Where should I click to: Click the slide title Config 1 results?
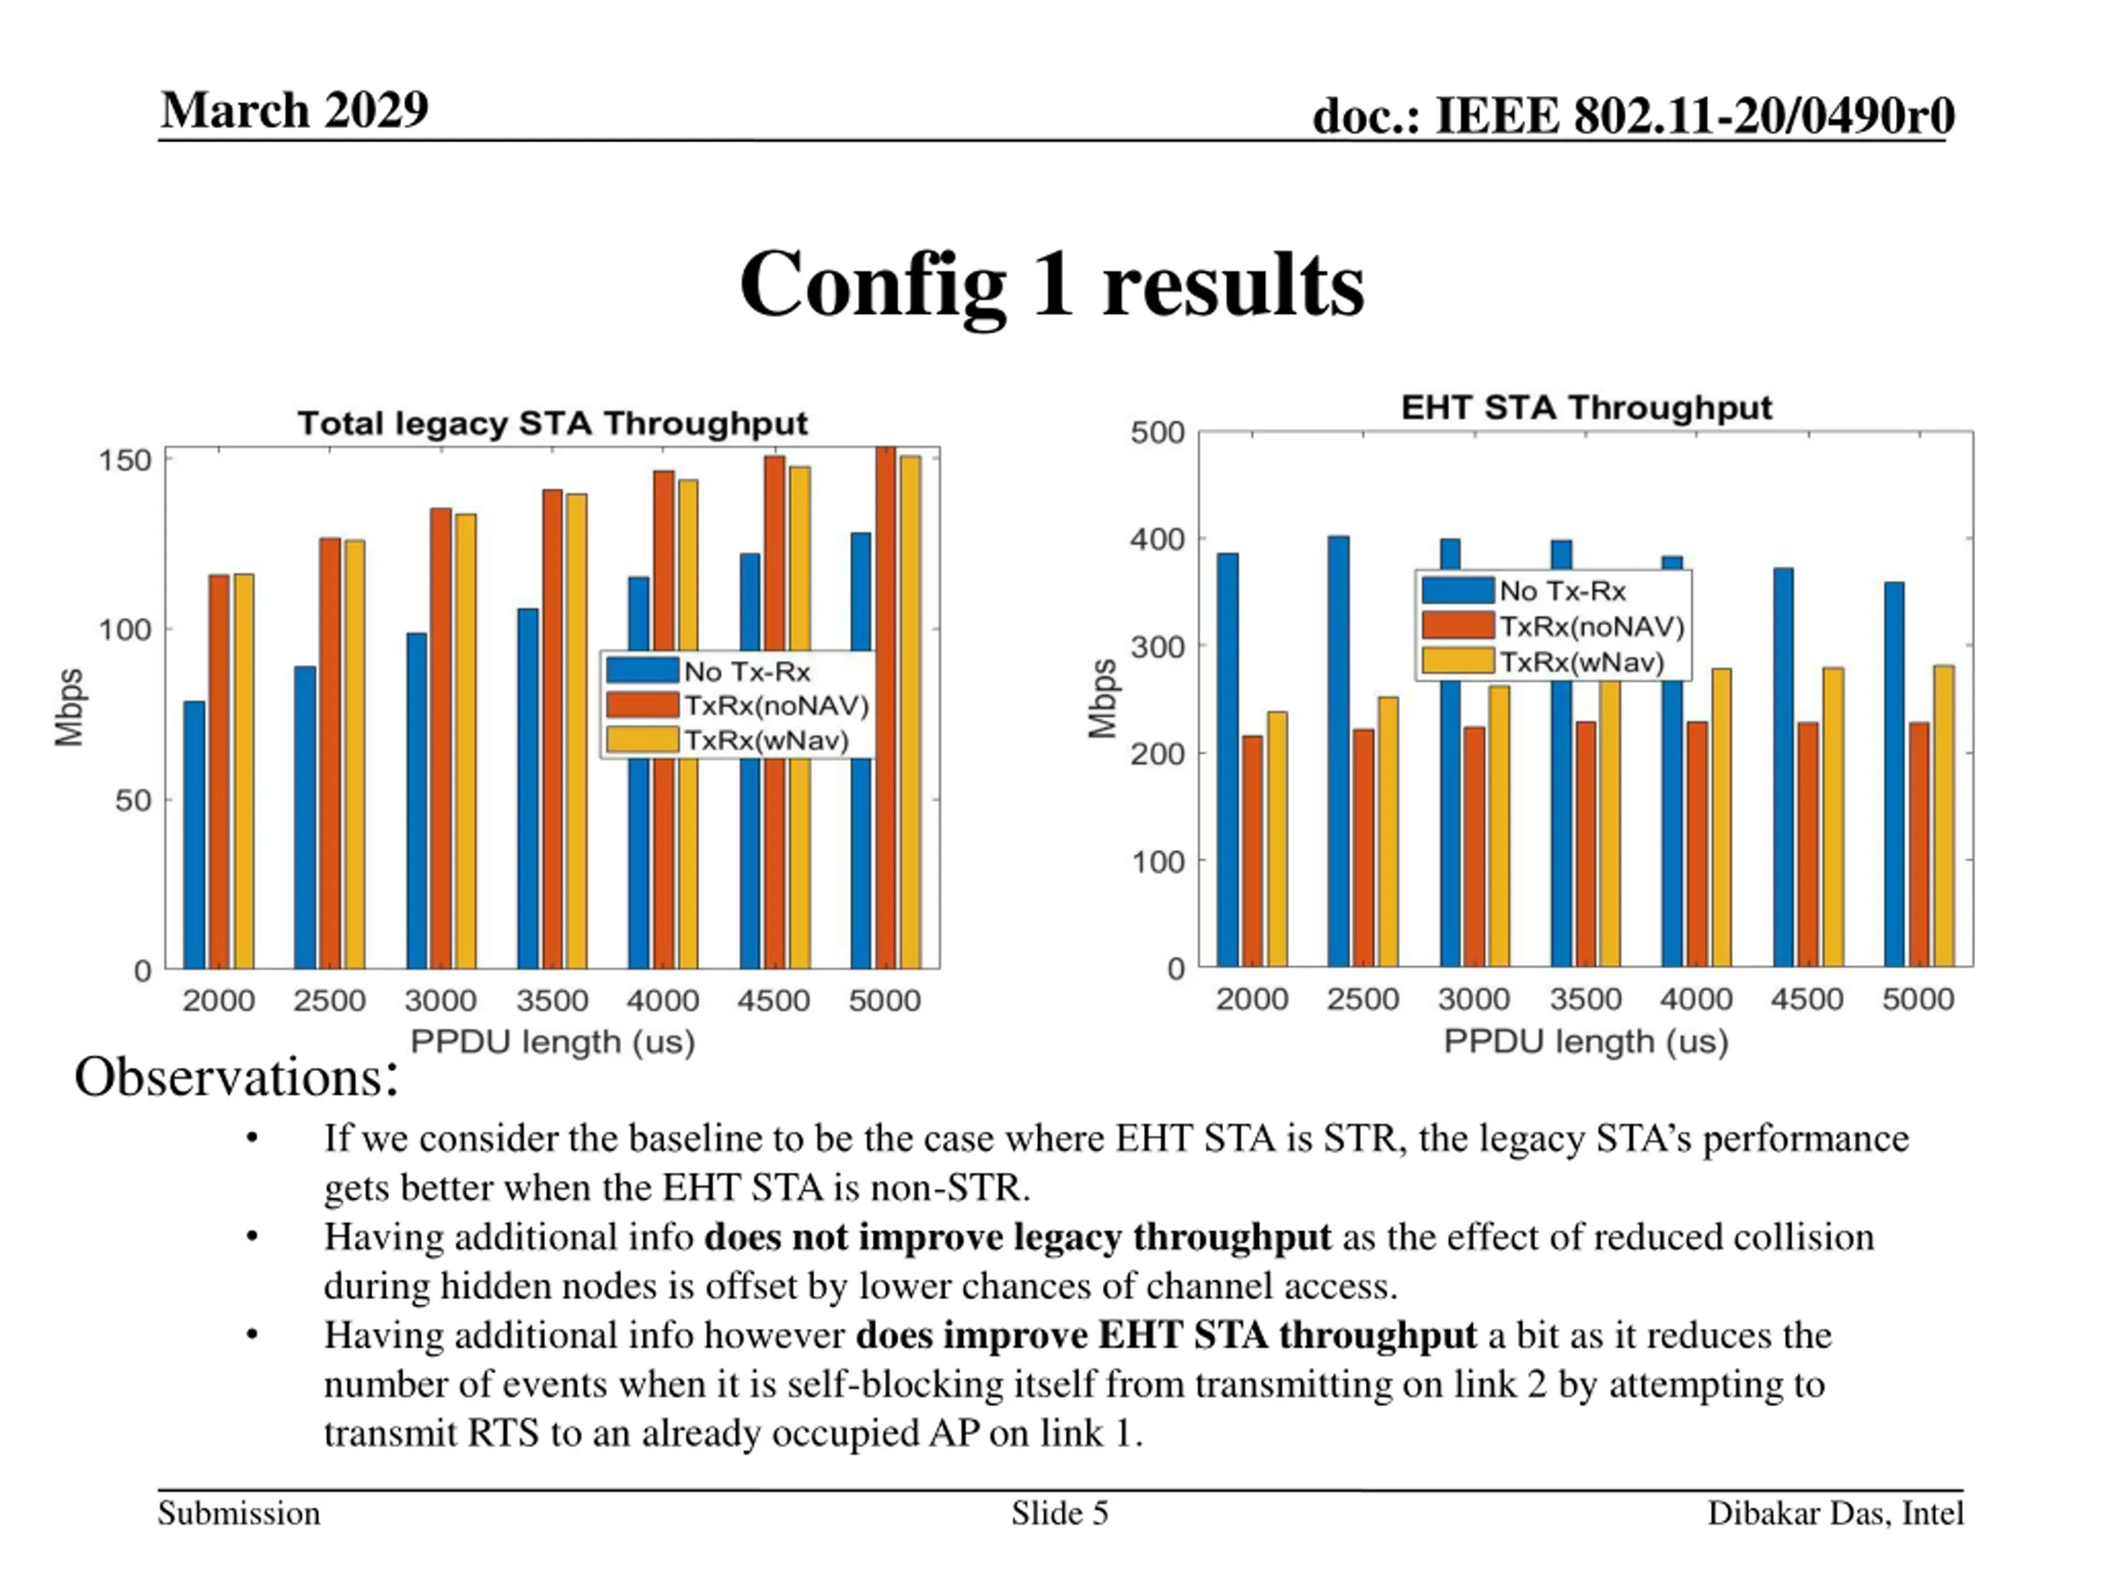coord(1051,284)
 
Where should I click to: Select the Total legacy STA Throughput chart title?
coord(551,423)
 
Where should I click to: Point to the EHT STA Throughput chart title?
coord(1585,407)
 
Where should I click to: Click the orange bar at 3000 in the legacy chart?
coord(441,738)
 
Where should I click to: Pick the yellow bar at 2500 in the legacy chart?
coord(355,754)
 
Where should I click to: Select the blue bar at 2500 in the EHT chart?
coord(1338,751)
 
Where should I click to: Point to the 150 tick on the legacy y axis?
coord(125,461)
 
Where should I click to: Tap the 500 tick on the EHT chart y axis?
coord(1156,433)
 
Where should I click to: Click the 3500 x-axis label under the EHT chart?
coord(1585,999)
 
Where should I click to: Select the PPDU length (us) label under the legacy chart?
coord(551,1041)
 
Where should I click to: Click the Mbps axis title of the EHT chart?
coord(1101,699)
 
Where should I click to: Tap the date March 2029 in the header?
coord(295,110)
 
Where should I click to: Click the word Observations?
coord(234,1077)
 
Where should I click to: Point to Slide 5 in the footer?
coord(1059,1513)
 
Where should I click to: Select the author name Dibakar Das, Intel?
coord(1834,1513)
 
